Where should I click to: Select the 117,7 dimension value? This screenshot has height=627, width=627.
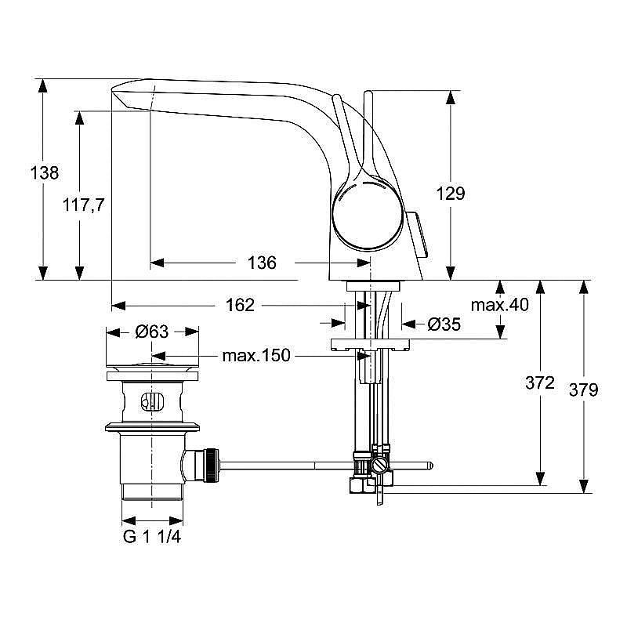(84, 205)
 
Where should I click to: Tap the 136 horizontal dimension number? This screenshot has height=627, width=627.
(261, 263)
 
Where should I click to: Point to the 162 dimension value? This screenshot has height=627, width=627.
(240, 306)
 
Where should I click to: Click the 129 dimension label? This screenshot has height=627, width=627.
(451, 193)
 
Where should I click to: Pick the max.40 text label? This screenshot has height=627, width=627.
(500, 305)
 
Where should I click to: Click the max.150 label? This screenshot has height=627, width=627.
(256, 356)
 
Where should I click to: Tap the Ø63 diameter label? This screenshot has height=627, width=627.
(151, 332)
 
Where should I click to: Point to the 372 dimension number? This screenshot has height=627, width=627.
(540, 382)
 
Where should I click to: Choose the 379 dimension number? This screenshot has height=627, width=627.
(583, 389)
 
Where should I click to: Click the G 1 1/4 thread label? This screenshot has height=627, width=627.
(153, 538)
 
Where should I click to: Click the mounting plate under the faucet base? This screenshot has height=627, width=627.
(371, 342)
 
